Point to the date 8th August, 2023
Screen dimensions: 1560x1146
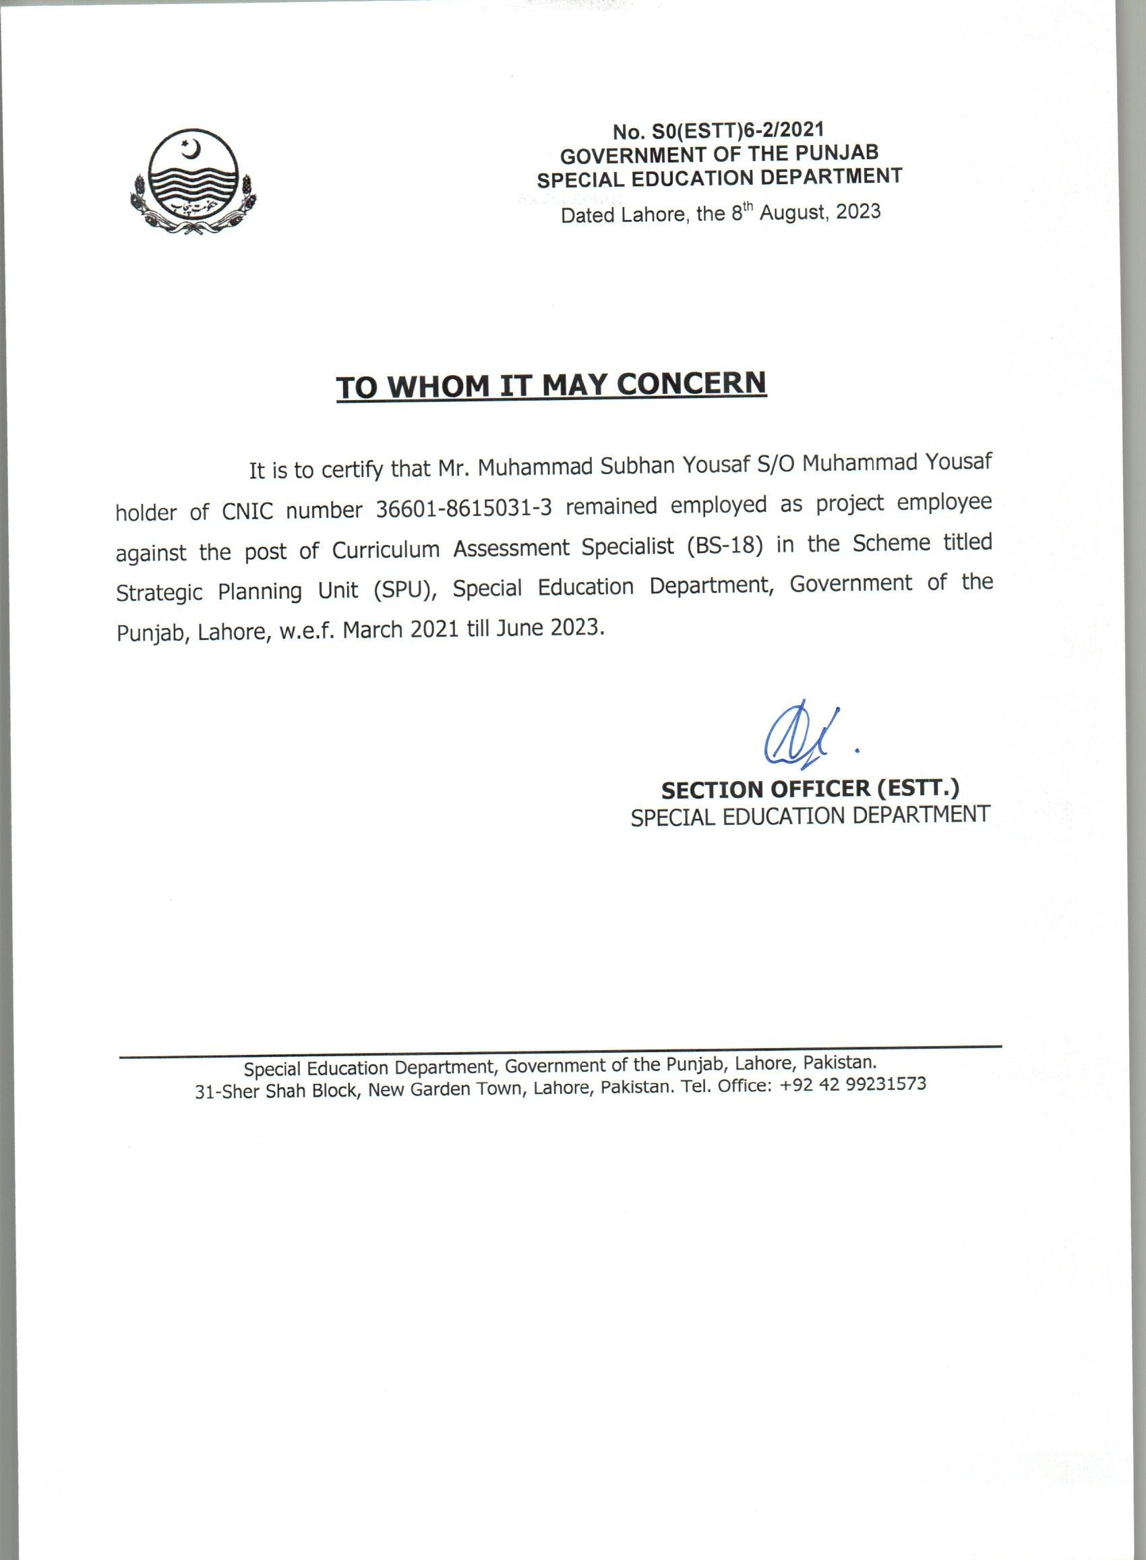coord(806,212)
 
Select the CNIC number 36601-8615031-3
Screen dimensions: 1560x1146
coord(463,509)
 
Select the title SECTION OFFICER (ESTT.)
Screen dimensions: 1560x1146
coord(810,789)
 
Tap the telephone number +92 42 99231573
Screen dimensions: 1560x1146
coord(852,1084)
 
